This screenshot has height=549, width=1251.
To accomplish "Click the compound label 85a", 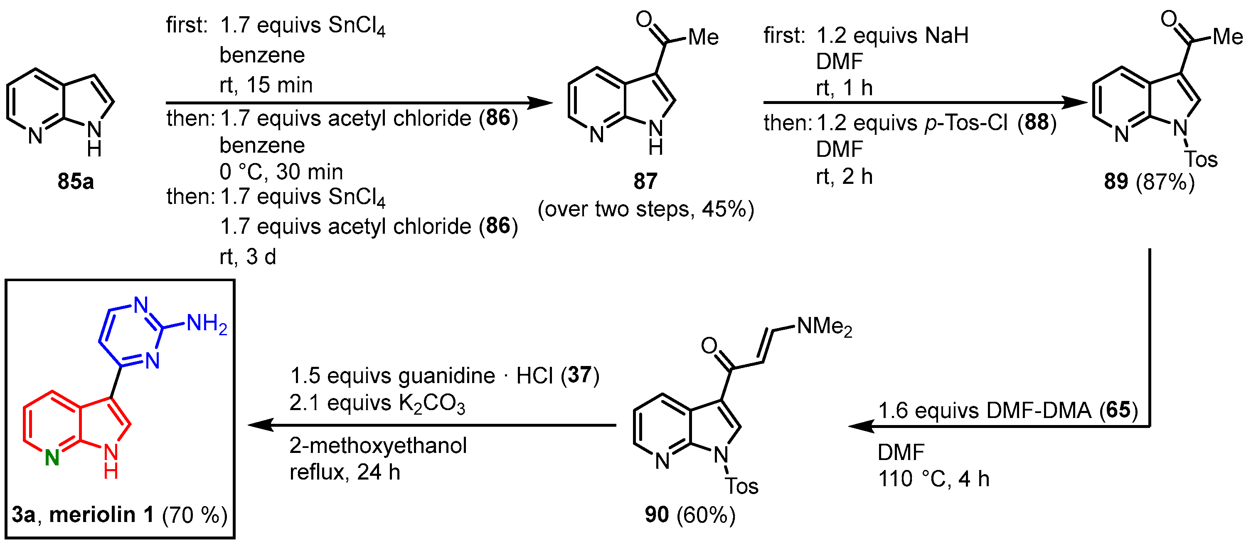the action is [x=75, y=181].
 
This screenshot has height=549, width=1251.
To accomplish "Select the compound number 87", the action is [x=645, y=181].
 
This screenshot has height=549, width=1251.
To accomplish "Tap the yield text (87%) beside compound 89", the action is [x=1165, y=182].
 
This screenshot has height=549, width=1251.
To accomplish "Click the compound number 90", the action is [x=657, y=514].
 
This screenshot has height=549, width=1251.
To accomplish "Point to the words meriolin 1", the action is [x=101, y=514].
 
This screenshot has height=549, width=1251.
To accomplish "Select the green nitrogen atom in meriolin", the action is [x=52, y=457].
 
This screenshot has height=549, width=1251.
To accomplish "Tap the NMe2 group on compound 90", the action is [x=824, y=326].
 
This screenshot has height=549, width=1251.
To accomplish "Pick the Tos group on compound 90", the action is [x=741, y=486].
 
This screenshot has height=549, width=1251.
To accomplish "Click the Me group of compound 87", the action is [x=703, y=37].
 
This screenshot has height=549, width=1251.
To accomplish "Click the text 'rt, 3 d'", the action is [x=248, y=257].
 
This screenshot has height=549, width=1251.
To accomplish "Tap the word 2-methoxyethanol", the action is [x=378, y=445].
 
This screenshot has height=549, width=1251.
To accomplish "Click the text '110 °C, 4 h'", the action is [x=933, y=479].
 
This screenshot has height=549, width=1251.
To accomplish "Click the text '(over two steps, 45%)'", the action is [x=646, y=209].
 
